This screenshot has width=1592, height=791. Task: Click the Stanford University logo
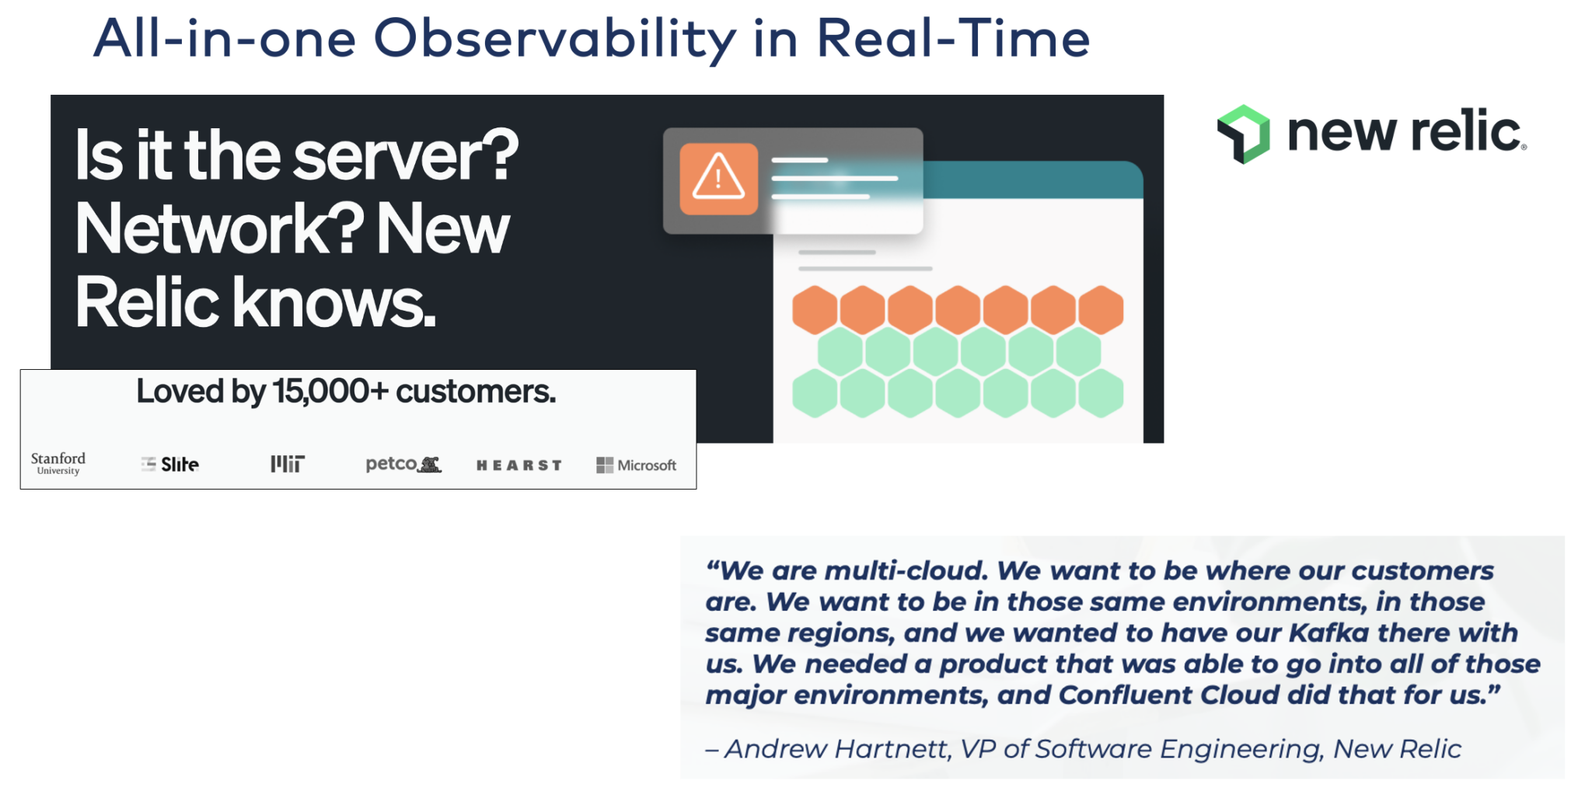click(58, 463)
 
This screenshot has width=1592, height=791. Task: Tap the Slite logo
click(170, 465)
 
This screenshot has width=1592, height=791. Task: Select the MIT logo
click(288, 464)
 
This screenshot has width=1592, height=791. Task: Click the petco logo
click(403, 464)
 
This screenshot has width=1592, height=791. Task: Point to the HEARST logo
click(518, 465)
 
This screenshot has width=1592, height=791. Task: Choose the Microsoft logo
click(636, 465)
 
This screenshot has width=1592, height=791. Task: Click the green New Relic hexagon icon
click(1244, 134)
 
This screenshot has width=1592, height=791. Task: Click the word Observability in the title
click(554, 39)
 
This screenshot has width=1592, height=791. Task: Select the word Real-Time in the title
click(953, 39)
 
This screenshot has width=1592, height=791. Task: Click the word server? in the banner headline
click(406, 156)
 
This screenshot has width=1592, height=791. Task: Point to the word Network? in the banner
click(220, 229)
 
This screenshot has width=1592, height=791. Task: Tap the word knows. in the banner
click(334, 302)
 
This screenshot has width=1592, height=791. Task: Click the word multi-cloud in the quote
click(906, 570)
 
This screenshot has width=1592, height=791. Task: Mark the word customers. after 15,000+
click(476, 392)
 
